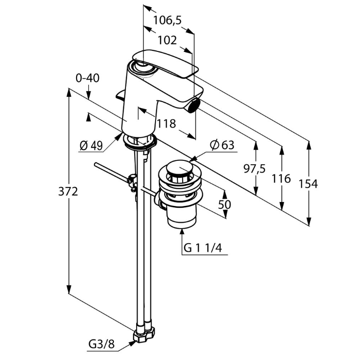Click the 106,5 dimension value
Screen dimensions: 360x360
167,20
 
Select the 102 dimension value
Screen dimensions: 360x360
167,40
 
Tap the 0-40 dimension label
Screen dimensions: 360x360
88,77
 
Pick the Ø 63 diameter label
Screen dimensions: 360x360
222,145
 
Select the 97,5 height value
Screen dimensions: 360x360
254,168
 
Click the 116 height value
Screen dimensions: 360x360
281,179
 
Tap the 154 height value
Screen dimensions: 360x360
308,184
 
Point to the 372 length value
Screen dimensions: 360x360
68,191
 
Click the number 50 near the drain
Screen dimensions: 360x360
224,204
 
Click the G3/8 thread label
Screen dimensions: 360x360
102,345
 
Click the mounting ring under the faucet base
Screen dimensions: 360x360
141,142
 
